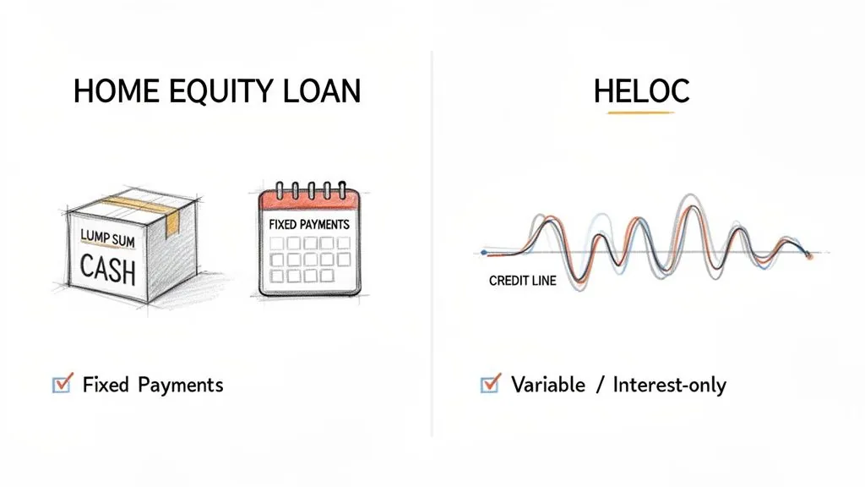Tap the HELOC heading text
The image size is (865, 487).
click(x=641, y=92)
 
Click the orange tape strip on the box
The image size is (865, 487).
click(x=173, y=222)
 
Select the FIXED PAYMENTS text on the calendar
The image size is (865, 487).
click(x=308, y=226)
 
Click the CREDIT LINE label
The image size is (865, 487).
click(x=522, y=281)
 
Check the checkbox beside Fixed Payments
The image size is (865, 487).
click(x=62, y=385)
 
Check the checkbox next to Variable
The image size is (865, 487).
click(x=489, y=385)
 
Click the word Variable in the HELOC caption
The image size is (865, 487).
click(x=547, y=385)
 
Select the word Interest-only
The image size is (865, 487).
click(x=669, y=385)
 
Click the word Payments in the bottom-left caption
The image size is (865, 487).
click(x=180, y=385)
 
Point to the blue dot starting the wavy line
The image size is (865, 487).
click(x=484, y=252)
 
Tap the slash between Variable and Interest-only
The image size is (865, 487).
click(x=598, y=385)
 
